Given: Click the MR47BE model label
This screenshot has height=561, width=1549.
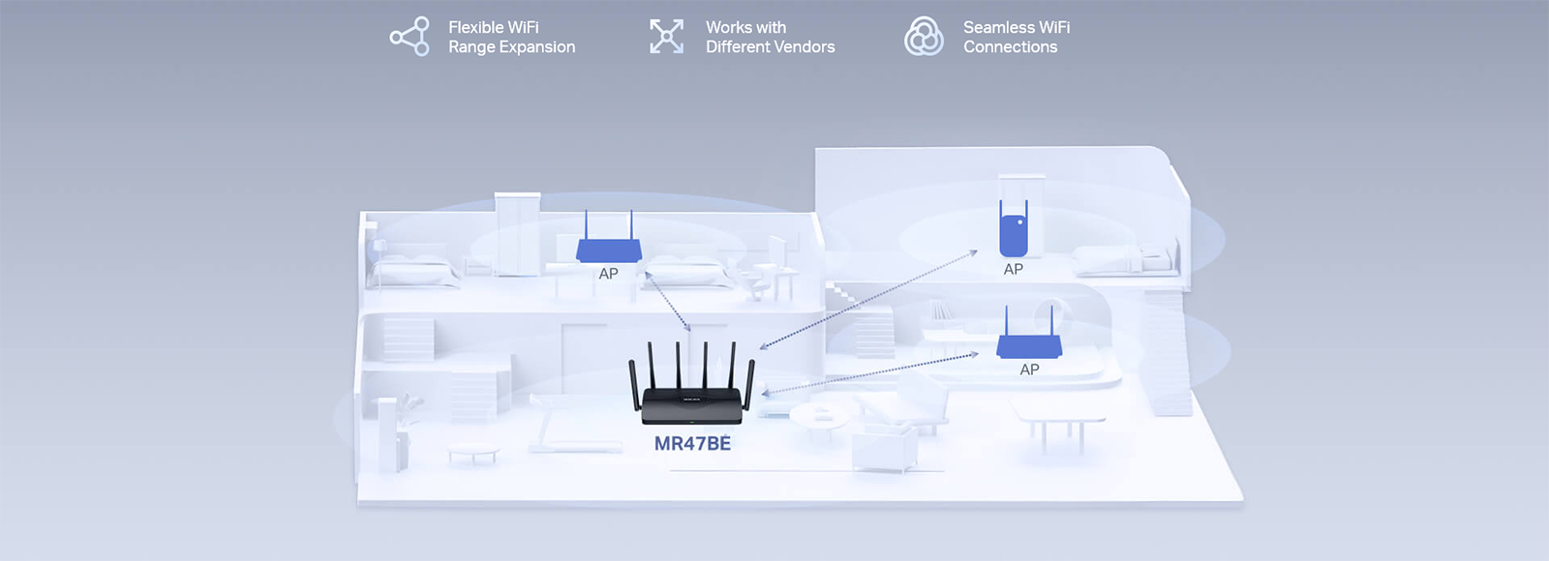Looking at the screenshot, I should tap(692, 444).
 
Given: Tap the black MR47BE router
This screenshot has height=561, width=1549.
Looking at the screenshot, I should tap(692, 401).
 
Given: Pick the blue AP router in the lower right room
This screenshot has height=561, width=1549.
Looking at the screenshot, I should tap(1029, 342).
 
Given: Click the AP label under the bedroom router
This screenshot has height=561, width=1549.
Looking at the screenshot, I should tap(608, 274).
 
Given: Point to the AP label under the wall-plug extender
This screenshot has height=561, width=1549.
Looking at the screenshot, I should tap(1014, 270).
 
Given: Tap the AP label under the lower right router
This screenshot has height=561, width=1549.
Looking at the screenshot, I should tap(1029, 369).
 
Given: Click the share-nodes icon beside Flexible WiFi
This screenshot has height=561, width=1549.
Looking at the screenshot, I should tap(410, 37).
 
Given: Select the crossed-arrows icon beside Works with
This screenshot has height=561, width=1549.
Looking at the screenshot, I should tap(666, 37).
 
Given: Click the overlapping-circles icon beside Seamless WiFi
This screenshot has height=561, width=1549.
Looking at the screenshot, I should tap(924, 37).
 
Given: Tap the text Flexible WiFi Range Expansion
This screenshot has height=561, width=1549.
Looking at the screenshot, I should tap(511, 37).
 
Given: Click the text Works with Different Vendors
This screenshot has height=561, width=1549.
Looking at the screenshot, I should tap(770, 37).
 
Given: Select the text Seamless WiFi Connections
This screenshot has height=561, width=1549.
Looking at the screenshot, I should tap(1017, 37).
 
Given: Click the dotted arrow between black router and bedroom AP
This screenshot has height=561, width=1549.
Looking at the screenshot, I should tap(668, 302).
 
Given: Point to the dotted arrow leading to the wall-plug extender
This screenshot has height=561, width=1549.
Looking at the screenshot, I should tap(868, 299).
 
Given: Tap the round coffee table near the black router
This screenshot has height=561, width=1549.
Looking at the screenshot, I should tap(822, 416).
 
